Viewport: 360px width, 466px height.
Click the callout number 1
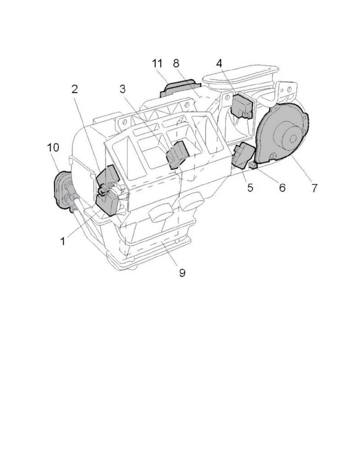coord(63,241)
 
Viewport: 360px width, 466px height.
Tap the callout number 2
coord(75,89)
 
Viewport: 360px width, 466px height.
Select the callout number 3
coord(122,89)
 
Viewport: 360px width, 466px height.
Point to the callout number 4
coord(219,63)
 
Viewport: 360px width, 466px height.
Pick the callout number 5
coord(251,187)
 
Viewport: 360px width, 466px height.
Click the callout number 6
coord(282,187)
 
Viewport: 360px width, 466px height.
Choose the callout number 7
coord(314,187)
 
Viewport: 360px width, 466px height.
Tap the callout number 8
coord(176,63)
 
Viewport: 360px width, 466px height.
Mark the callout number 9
coord(182,272)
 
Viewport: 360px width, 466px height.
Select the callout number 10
coord(53,147)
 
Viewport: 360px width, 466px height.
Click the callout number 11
coord(157,63)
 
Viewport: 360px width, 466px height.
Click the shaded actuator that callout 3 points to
coord(177,154)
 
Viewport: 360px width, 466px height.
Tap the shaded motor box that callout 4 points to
coord(242,107)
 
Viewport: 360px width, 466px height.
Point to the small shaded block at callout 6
coord(253,165)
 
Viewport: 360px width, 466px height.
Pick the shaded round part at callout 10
coord(62,190)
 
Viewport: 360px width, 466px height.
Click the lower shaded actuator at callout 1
coord(107,204)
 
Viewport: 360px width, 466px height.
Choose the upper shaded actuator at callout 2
coord(107,177)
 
